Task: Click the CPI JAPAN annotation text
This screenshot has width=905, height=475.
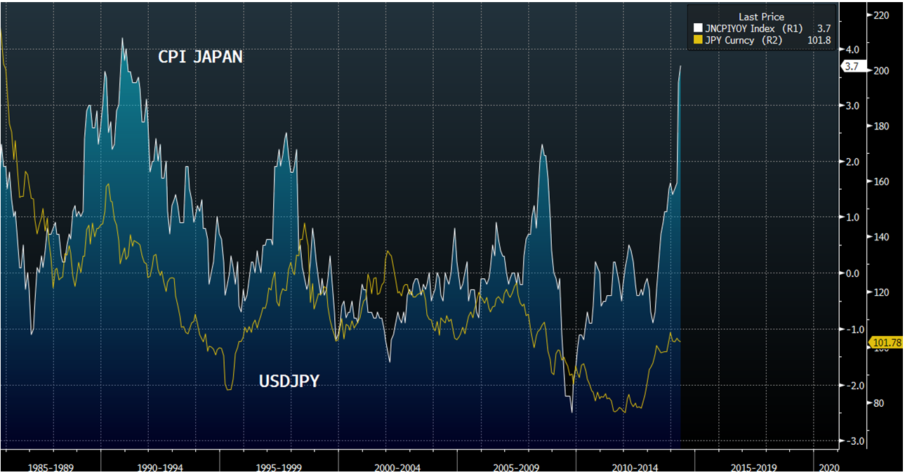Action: pyautogui.click(x=201, y=57)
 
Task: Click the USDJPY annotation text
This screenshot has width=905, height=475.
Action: pyautogui.click(x=289, y=382)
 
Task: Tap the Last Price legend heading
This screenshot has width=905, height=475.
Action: pyautogui.click(x=761, y=17)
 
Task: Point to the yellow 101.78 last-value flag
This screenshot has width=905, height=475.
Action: pyautogui.click(x=886, y=343)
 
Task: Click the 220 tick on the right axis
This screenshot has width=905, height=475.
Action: pyautogui.click(x=880, y=15)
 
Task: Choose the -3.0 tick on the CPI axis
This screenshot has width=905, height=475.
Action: pyautogui.click(x=852, y=441)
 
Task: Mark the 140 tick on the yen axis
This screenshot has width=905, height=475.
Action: pyautogui.click(x=880, y=237)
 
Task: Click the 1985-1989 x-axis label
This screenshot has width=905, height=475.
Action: pyautogui.click(x=51, y=467)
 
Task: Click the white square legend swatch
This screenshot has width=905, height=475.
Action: pyautogui.click(x=697, y=28)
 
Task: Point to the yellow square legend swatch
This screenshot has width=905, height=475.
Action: pyautogui.click(x=697, y=40)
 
